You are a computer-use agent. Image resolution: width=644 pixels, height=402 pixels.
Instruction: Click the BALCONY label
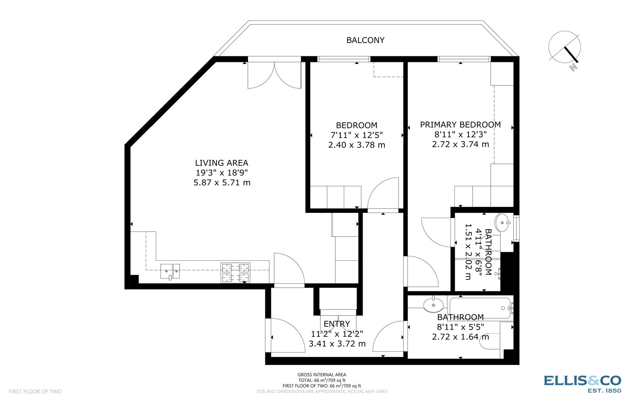pyautogui.click(x=365, y=40)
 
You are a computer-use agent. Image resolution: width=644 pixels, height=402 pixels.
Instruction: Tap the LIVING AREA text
pyautogui.click(x=221, y=163)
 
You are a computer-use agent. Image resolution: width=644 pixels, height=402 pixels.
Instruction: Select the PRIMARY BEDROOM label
pyautogui.click(x=460, y=125)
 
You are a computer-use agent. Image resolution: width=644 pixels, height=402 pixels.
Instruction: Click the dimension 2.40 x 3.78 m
pyautogui.click(x=357, y=145)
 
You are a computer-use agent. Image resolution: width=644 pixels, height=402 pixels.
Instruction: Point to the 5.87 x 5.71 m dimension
pyautogui.click(x=222, y=183)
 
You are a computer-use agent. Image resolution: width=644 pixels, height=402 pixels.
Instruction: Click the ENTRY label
pyautogui.click(x=337, y=324)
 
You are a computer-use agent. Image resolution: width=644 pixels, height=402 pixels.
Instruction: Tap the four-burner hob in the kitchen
pyautogui.click(x=235, y=273)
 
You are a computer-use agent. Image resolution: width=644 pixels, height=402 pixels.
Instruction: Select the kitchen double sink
pyautogui.click(x=170, y=271)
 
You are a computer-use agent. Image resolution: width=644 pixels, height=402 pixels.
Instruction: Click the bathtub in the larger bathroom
pyautogui.click(x=479, y=308)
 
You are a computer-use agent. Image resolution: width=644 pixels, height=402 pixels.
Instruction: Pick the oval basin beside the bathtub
pyautogui.click(x=433, y=305)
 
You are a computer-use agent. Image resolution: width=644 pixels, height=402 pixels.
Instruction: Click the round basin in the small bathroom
pyautogui.click(x=503, y=222)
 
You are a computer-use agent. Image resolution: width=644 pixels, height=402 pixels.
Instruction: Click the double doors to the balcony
pyautogui.click(x=274, y=74)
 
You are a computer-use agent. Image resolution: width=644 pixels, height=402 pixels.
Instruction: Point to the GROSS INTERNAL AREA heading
pyautogui.click(x=322, y=375)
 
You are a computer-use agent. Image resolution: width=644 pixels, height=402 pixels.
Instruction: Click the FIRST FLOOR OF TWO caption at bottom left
pyautogui.click(x=35, y=392)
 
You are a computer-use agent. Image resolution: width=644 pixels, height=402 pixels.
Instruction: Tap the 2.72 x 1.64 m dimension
pyautogui.click(x=460, y=337)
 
